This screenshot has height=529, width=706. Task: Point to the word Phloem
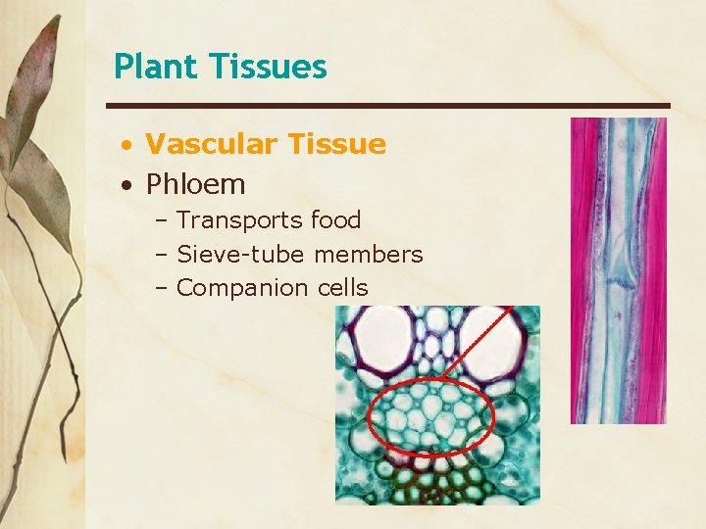(x=195, y=183)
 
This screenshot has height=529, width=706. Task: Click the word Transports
(x=239, y=220)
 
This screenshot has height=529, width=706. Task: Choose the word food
(x=335, y=220)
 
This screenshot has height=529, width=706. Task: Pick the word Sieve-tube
(x=241, y=255)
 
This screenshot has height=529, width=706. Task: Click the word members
(x=369, y=255)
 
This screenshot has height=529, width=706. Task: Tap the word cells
(x=343, y=288)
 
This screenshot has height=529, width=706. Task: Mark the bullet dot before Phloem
(x=128, y=185)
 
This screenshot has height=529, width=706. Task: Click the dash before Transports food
(x=162, y=220)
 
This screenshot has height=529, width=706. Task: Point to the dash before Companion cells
(x=162, y=288)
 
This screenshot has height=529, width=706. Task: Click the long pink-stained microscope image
(x=618, y=270)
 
